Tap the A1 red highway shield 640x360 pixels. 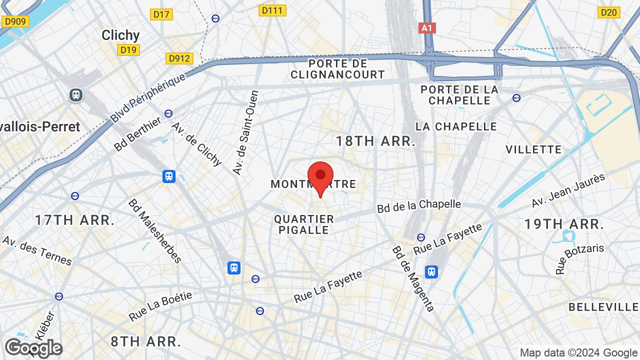click(427, 28)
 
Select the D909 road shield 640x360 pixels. click(15, 21)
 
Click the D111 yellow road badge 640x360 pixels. click(272, 10)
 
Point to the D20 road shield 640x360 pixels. click(609, 12)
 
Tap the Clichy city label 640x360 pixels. click(120, 35)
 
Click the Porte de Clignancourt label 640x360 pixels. click(338, 69)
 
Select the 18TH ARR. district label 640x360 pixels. click(375, 141)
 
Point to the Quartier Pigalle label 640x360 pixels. click(304, 224)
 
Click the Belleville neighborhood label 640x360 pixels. click(603, 307)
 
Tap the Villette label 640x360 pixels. click(533, 149)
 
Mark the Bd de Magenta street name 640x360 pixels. click(413, 278)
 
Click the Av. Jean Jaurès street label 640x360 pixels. click(568, 190)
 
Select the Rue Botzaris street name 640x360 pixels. click(580, 258)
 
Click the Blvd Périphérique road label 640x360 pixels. click(147, 98)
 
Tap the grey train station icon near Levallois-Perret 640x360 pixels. click(76, 94)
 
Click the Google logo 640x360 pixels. click(33, 348)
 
